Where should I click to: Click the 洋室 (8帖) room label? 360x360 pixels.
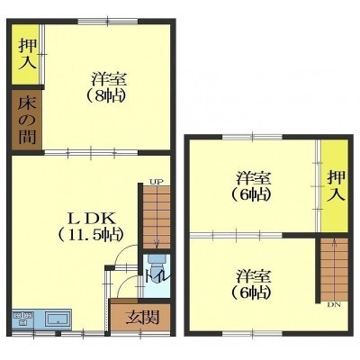(104, 87)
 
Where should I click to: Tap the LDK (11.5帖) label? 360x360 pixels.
(91, 226)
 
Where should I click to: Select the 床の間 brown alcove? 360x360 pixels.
(26, 120)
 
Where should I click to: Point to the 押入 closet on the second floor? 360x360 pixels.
(335, 186)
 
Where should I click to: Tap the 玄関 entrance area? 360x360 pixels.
(139, 316)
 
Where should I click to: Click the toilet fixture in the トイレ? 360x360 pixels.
(157, 263)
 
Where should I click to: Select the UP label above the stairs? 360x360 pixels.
(156, 182)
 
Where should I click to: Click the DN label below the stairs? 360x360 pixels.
(334, 305)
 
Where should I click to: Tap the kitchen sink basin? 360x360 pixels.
(58, 319)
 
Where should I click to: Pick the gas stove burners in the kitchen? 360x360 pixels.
(22, 319)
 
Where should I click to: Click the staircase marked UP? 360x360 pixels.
(157, 217)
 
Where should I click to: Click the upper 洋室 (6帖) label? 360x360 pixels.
(251, 186)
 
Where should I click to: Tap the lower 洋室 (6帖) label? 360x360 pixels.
(251, 283)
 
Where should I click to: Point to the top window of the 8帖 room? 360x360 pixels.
(108, 22)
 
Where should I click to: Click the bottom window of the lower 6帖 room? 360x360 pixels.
(252, 334)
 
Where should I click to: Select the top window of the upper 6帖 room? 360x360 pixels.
(253, 137)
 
